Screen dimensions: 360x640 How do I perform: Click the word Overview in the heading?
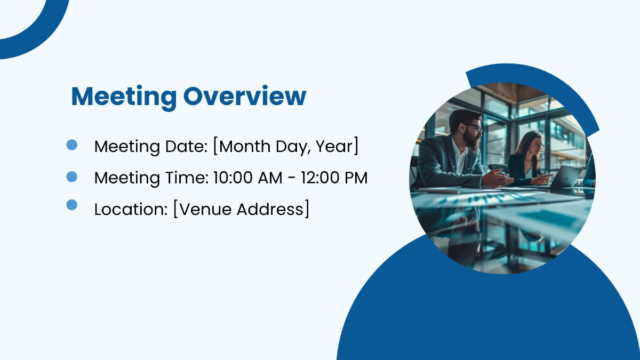click(245, 97)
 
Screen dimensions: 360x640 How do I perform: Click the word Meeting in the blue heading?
click(124, 97)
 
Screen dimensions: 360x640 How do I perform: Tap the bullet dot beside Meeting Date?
click(72, 145)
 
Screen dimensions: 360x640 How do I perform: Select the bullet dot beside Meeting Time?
click(72, 177)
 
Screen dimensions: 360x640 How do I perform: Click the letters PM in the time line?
click(356, 178)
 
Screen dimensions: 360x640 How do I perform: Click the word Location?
click(131, 210)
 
